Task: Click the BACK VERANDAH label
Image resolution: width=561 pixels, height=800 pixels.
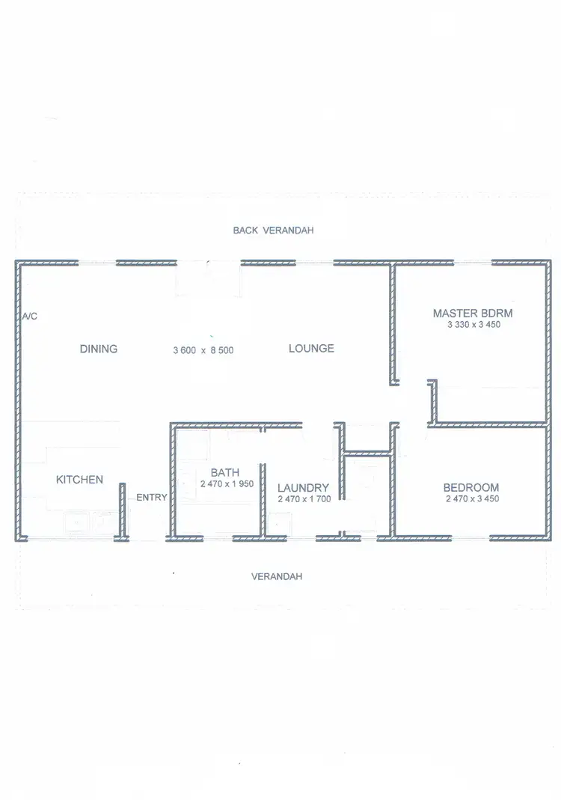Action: click(273, 230)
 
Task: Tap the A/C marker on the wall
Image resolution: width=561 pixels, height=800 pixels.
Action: click(29, 317)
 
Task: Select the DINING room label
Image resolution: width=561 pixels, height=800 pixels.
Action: click(99, 349)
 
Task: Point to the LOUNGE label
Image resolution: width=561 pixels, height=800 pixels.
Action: click(311, 349)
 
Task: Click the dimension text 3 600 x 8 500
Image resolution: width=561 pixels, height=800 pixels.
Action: click(203, 349)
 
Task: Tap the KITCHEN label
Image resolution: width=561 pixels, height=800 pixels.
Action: click(79, 480)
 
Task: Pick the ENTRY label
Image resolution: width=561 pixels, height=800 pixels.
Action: click(152, 498)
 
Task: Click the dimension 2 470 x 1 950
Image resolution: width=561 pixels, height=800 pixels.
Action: click(227, 484)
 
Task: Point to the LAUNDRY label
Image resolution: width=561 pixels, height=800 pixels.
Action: click(303, 488)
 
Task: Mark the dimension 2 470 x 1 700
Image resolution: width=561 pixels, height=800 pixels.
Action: click(303, 499)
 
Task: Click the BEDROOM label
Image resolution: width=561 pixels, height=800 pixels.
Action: click(471, 486)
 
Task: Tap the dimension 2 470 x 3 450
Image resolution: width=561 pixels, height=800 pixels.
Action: click(472, 499)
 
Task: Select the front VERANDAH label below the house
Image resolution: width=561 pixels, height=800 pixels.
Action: click(277, 577)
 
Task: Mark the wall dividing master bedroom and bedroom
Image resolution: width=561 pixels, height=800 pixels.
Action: click(486, 424)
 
